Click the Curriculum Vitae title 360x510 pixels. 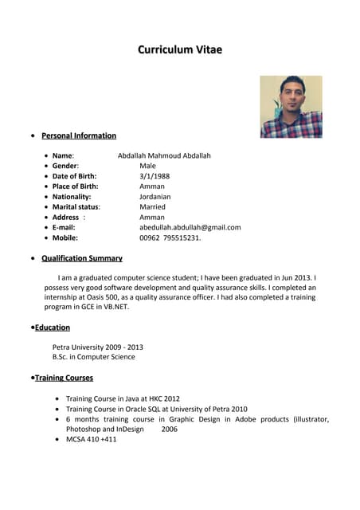tap(180, 50)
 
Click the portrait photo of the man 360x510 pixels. tap(291, 107)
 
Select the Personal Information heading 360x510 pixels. tap(79, 135)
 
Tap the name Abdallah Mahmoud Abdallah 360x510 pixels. tap(164, 155)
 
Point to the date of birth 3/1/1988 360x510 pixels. tap(155, 176)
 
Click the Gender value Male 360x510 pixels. tap(147, 166)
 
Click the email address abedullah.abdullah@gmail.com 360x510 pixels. tap(190, 227)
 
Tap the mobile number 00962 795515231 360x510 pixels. tap(170, 237)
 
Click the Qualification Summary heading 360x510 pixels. tap(82, 258)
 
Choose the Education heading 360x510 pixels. tap(53, 328)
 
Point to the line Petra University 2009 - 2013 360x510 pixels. tap(97, 347)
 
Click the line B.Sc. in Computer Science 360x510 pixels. tap(93, 357)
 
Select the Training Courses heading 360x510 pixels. tap(64, 378)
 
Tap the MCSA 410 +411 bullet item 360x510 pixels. tap(91, 439)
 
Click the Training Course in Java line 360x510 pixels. tap(123, 398)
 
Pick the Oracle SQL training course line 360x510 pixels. tap(156, 409)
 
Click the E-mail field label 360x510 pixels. tap(64, 227)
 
